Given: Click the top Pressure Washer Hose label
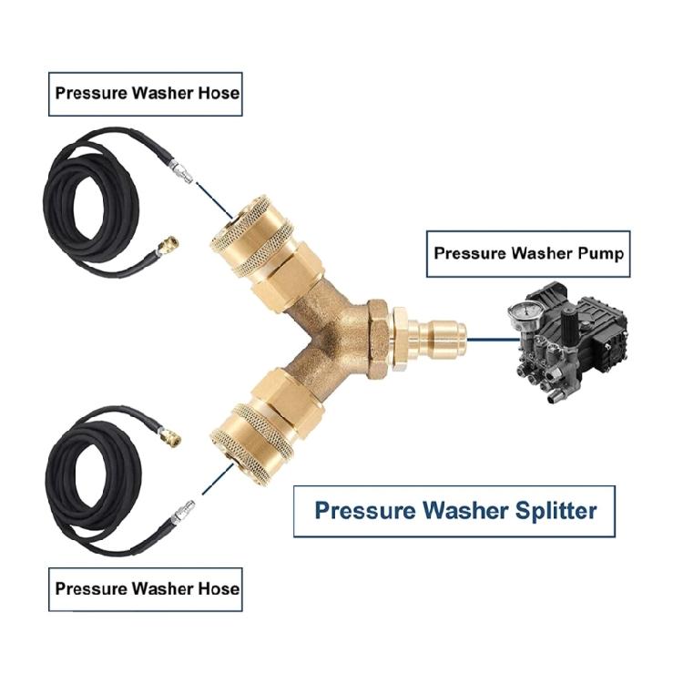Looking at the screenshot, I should (146, 92).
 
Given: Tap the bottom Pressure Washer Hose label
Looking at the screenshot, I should (146, 587).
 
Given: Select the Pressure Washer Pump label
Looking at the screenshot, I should (528, 253).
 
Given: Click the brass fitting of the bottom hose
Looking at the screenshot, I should (169, 434).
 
